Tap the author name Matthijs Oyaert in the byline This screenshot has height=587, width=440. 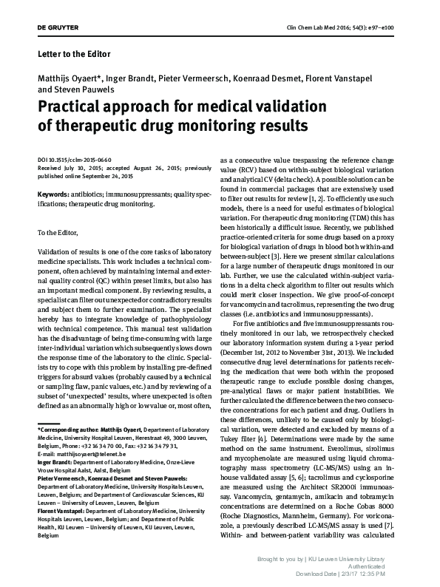pos(64,78)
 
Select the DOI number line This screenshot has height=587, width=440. pos(74,159)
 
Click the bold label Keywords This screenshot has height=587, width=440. pos(54,194)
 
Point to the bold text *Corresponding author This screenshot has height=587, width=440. pos(70,428)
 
